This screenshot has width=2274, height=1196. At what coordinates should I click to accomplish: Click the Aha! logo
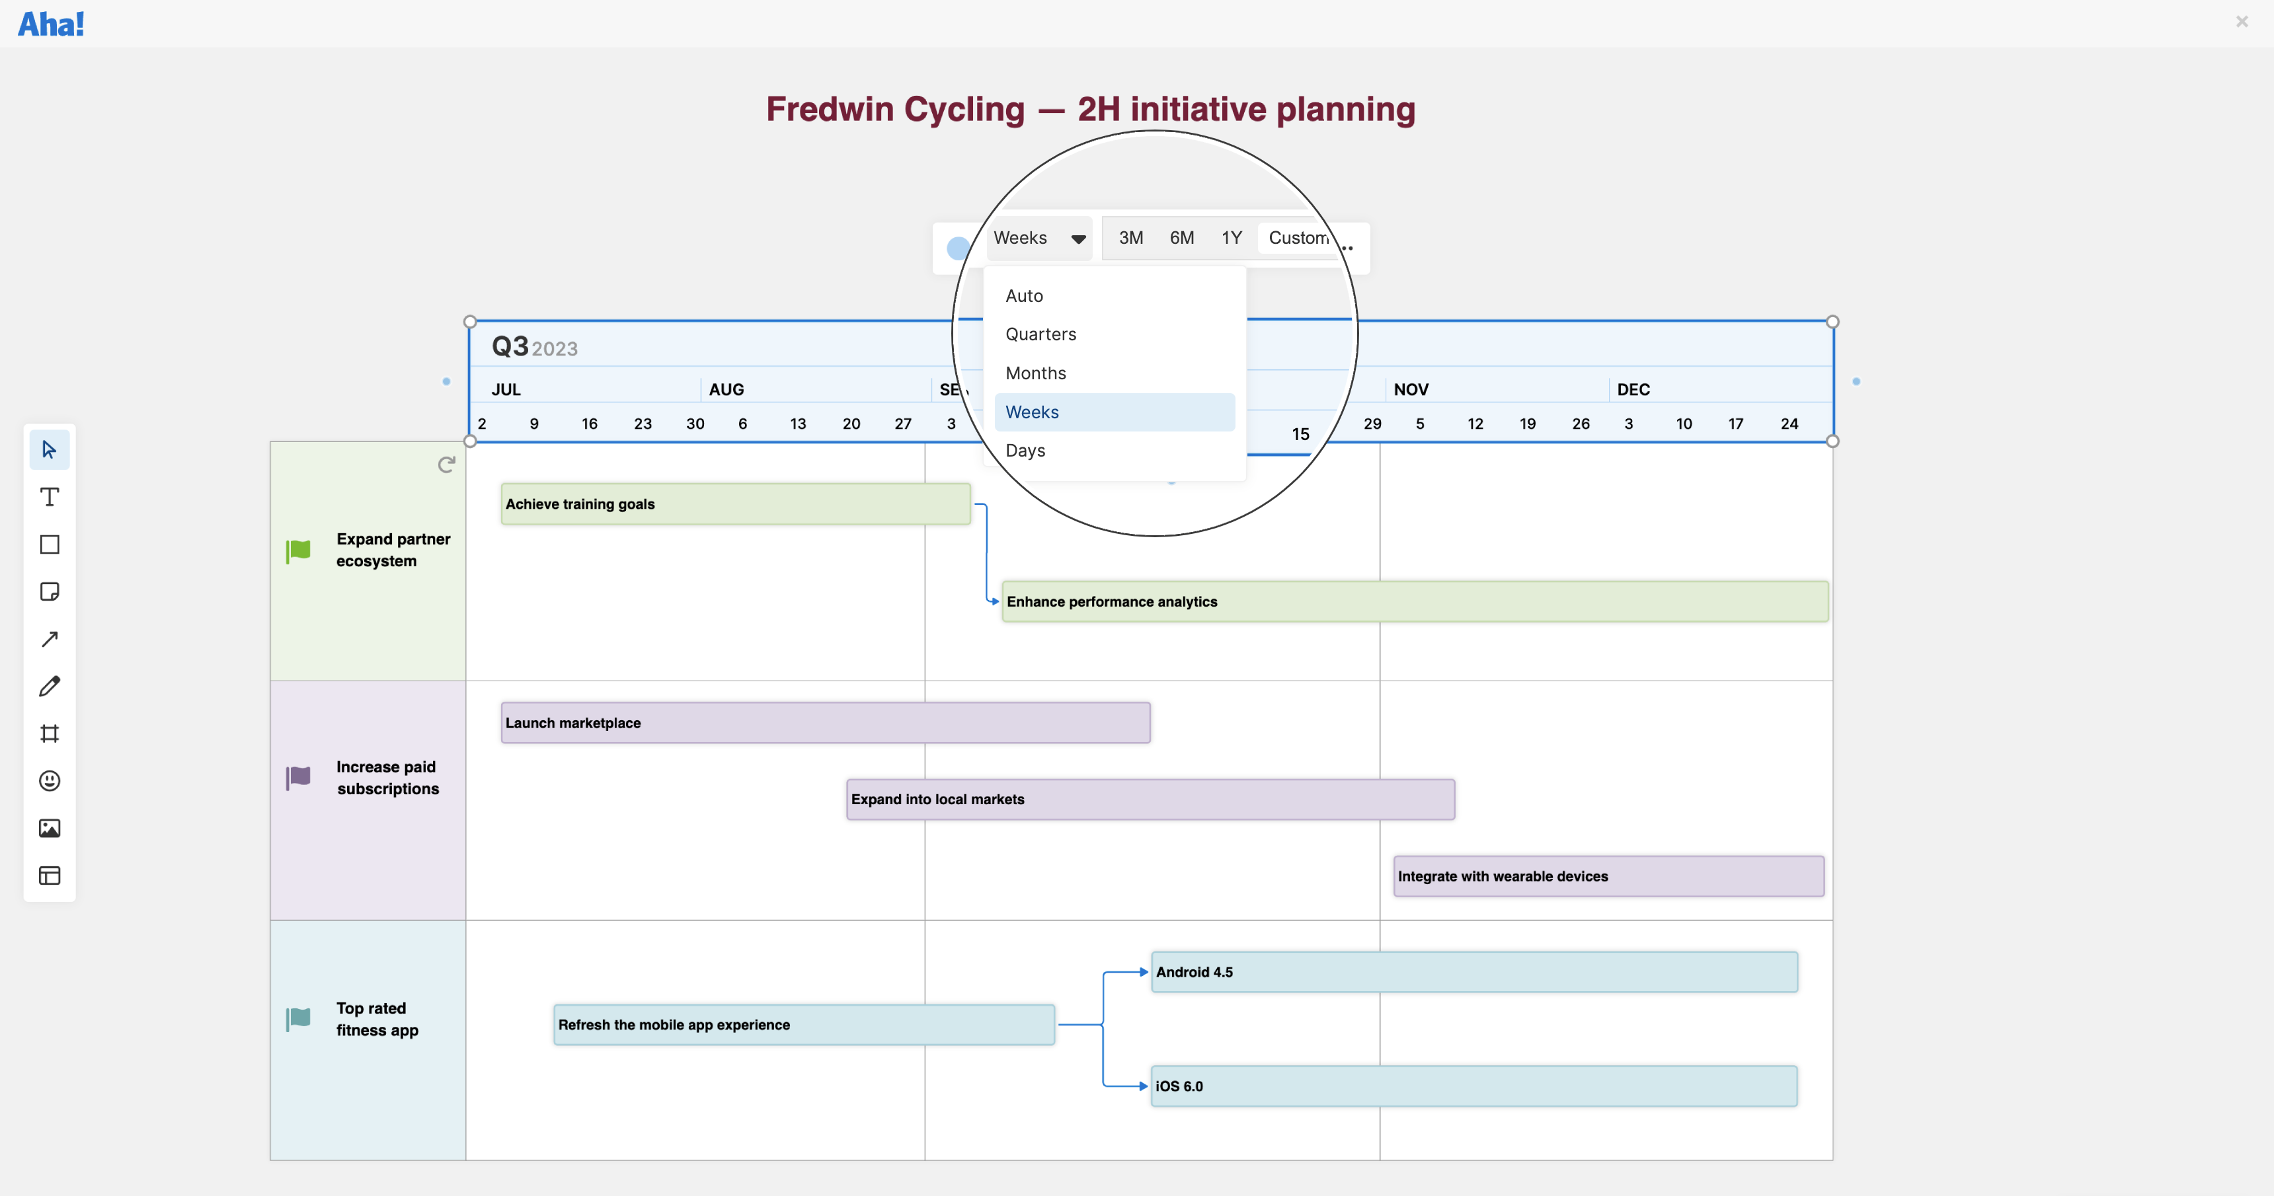point(51,24)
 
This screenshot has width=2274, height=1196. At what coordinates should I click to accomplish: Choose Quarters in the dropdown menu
point(1040,334)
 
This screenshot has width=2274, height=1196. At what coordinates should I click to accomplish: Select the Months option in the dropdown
point(1035,373)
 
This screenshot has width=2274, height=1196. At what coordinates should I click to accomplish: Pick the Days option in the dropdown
point(1025,450)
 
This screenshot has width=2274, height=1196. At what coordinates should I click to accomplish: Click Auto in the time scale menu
point(1024,295)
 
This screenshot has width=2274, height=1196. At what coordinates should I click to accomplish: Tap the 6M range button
point(1181,237)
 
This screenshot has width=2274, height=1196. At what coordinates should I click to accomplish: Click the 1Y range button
point(1232,237)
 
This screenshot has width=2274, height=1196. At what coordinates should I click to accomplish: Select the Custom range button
point(1297,237)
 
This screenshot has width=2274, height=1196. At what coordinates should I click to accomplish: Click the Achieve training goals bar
point(734,504)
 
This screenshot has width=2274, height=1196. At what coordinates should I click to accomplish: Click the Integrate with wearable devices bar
point(1608,876)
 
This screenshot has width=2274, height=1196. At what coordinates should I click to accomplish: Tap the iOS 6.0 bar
point(1473,1086)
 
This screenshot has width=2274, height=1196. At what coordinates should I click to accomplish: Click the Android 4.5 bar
point(1473,972)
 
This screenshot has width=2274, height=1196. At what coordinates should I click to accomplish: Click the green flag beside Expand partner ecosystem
point(298,551)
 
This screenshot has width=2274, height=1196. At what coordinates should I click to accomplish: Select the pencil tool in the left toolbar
point(50,686)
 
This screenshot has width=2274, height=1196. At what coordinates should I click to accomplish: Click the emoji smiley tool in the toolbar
point(50,780)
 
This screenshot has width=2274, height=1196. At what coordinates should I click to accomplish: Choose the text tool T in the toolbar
point(50,497)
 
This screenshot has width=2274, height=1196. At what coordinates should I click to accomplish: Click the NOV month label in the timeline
point(1411,389)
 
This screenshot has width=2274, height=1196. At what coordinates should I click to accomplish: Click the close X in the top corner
point(2242,21)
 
